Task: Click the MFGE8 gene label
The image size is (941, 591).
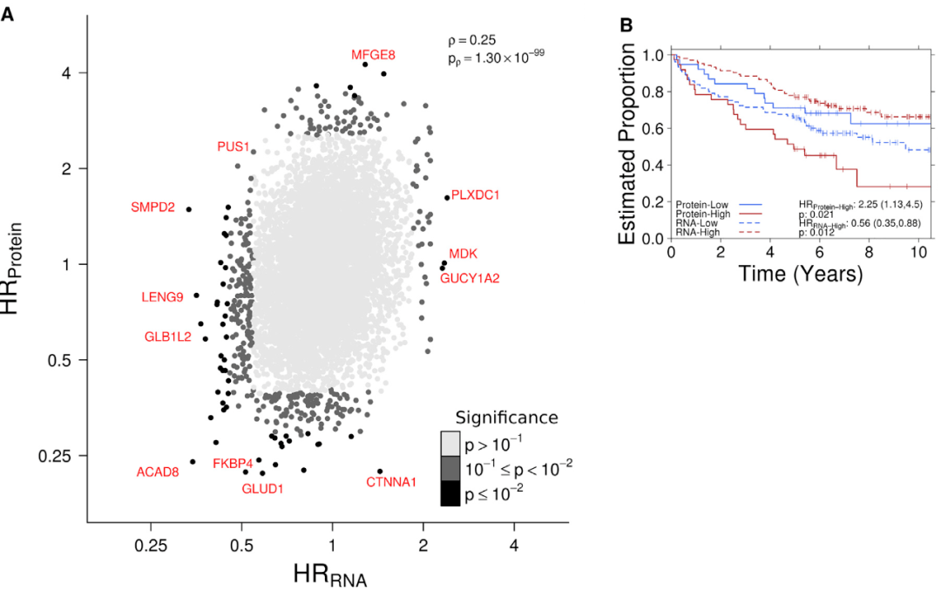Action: pos(373,54)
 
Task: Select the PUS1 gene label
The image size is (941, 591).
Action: pos(234,146)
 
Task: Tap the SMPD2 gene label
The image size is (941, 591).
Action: pos(152,207)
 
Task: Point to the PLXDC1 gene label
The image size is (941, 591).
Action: pos(475,195)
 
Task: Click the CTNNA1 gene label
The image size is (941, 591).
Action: pos(391,481)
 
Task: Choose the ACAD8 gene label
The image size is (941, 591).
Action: pos(158,472)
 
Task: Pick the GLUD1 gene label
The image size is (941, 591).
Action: pos(262,488)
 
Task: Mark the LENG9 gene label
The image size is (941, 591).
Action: pos(162,297)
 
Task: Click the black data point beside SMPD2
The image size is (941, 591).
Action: pos(188,209)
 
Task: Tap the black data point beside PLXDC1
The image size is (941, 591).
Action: pos(447,198)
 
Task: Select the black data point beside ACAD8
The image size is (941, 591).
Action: pos(193,462)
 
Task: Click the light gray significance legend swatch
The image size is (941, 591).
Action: pos(450,442)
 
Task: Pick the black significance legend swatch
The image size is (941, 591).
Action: pos(450,494)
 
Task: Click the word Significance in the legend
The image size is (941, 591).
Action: pos(506,418)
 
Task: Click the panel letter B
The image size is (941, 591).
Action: pos(626,25)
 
